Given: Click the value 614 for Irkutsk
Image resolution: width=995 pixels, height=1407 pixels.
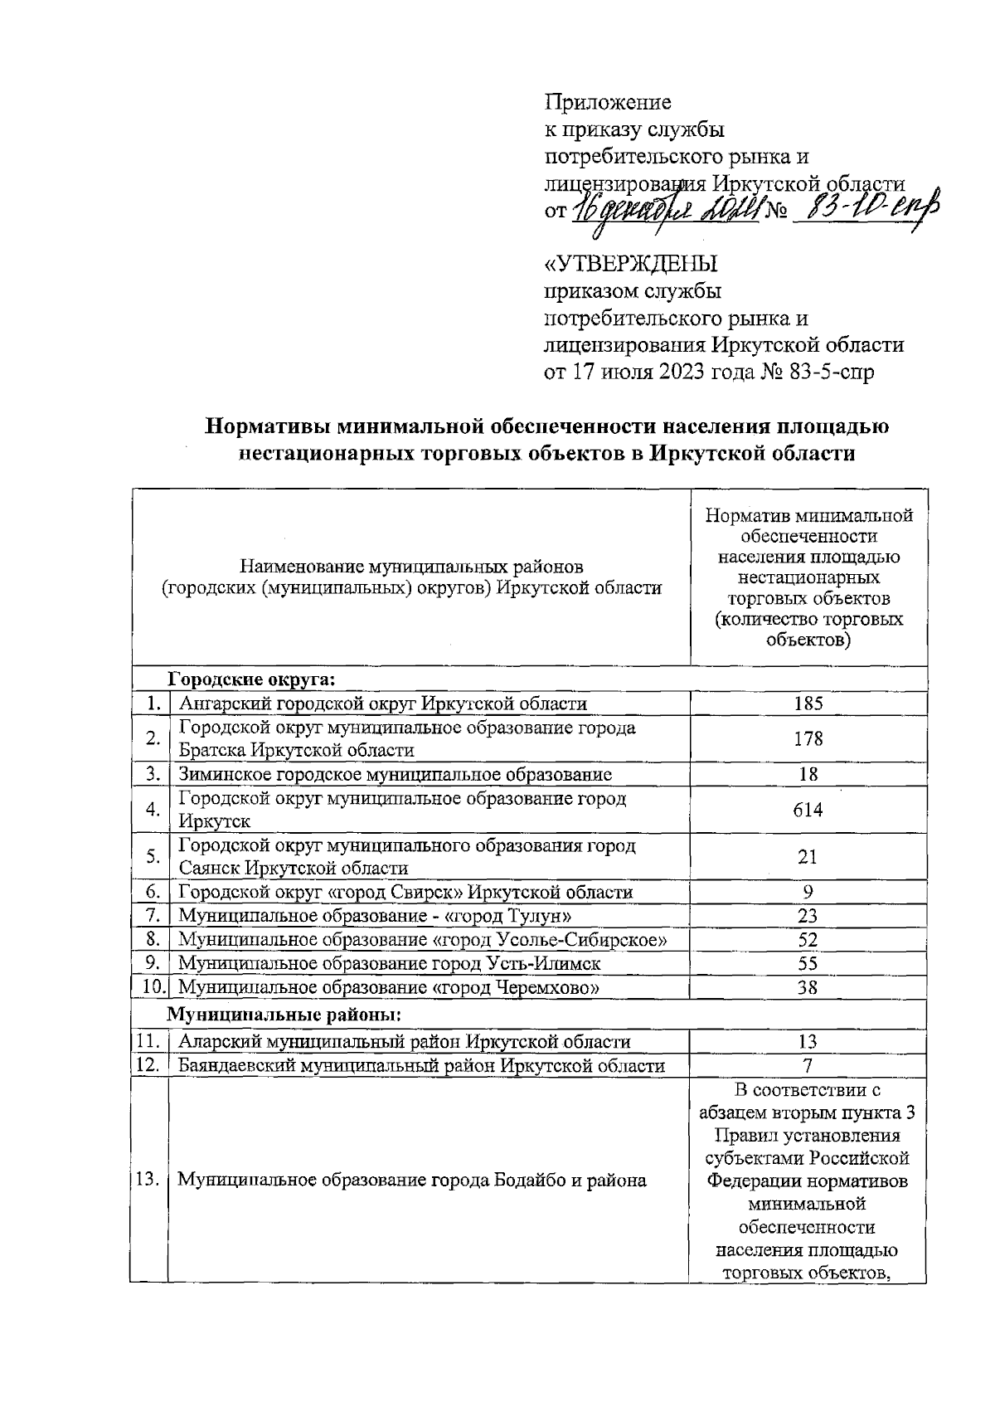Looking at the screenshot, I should pyautogui.click(x=808, y=810).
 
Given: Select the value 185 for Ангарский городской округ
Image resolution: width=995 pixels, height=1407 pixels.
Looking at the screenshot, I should pyautogui.click(x=808, y=703).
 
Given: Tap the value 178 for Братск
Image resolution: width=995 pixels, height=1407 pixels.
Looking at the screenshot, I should pyautogui.click(x=808, y=738).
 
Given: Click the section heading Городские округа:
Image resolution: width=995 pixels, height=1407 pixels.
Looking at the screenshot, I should pyautogui.click(x=252, y=679).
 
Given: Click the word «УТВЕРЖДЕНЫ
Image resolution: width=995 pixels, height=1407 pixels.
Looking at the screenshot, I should pyautogui.click(x=630, y=265).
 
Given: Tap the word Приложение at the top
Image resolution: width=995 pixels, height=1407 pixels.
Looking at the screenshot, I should pyautogui.click(x=607, y=102).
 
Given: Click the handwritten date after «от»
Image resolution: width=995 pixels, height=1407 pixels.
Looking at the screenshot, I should pyautogui.click(x=663, y=209).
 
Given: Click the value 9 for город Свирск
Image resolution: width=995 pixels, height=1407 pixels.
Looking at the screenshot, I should pyautogui.click(x=808, y=892).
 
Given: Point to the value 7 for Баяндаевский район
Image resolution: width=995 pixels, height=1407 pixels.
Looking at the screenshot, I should pyautogui.click(x=808, y=1065).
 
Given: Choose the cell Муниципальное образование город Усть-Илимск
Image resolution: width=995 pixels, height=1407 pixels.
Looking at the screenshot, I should pyautogui.click(x=390, y=963).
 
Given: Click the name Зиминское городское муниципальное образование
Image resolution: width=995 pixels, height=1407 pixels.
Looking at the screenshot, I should pyautogui.click(x=396, y=775).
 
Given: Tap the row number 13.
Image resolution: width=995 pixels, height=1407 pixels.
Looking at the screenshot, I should pyautogui.click(x=148, y=1179).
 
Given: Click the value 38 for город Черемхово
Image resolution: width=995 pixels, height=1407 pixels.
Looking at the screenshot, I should pyautogui.click(x=808, y=987).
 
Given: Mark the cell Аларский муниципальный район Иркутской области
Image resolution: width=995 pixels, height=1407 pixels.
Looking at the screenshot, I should pyautogui.click(x=405, y=1042).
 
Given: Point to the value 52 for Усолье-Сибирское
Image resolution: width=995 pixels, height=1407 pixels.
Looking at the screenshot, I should pyautogui.click(x=808, y=940).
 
